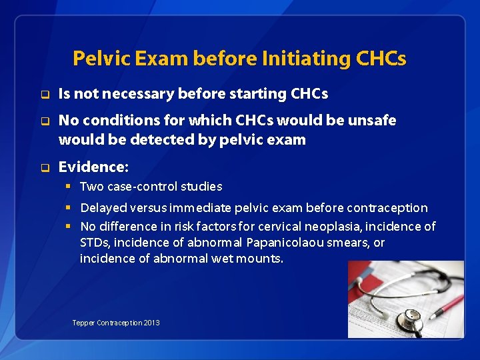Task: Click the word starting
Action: click(252, 95)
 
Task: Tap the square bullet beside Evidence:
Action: click(45, 166)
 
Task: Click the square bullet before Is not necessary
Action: click(45, 95)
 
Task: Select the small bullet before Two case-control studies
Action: click(68, 187)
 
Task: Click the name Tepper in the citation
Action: click(83, 323)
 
